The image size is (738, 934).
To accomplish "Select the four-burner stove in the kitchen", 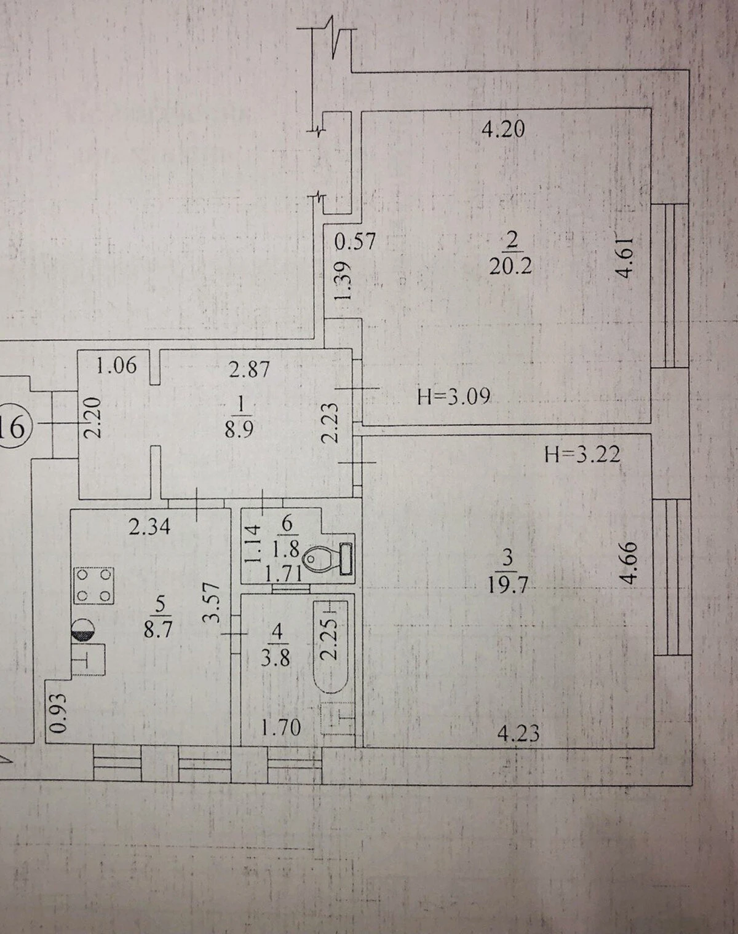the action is click(x=94, y=586).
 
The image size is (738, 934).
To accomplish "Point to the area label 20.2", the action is click(x=510, y=266).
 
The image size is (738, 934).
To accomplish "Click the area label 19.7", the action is click(x=507, y=586).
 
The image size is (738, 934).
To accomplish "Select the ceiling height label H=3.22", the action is click(x=582, y=455).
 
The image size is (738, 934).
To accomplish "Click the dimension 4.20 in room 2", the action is click(x=504, y=129).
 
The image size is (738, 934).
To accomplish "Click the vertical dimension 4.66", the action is click(x=629, y=562).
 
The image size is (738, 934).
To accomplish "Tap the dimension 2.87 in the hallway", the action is click(x=249, y=369).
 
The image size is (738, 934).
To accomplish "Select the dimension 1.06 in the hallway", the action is click(x=116, y=365).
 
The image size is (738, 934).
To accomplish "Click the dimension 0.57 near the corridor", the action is click(x=354, y=241).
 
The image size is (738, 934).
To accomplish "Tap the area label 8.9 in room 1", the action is click(x=239, y=430).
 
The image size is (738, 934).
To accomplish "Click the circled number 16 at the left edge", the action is click(x=12, y=428).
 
